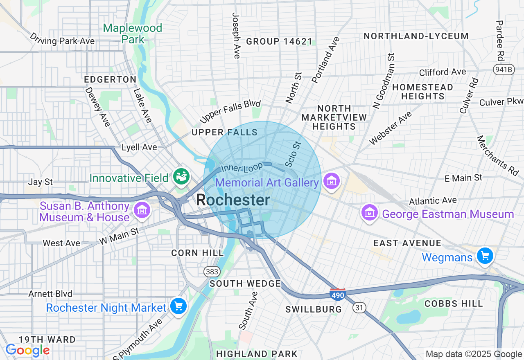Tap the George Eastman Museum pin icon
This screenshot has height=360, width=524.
coord(369,213)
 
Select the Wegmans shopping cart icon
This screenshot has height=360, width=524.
coord(485,256)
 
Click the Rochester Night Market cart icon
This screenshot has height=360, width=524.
coord(178,306)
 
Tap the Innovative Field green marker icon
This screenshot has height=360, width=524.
coord(181,176)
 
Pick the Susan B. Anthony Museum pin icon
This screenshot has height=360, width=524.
coord(142,210)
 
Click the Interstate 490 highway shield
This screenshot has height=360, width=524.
coord(338,294)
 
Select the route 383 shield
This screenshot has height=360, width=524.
coord(212,272)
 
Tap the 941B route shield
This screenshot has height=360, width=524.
coord(503,69)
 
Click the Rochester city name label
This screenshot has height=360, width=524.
coord(233,200)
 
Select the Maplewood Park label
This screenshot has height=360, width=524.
coord(133,34)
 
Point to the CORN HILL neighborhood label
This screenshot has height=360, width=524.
coord(198,253)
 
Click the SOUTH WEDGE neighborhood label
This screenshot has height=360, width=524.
coord(245,283)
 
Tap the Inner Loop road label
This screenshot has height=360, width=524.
coord(242,168)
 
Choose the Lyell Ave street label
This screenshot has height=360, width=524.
coord(139,147)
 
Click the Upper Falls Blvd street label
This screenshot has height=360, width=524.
coord(230,111)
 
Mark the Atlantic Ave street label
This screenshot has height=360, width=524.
coord(433,200)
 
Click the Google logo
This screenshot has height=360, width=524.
coord(27,351)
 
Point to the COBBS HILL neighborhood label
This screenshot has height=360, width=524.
coord(454,304)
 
